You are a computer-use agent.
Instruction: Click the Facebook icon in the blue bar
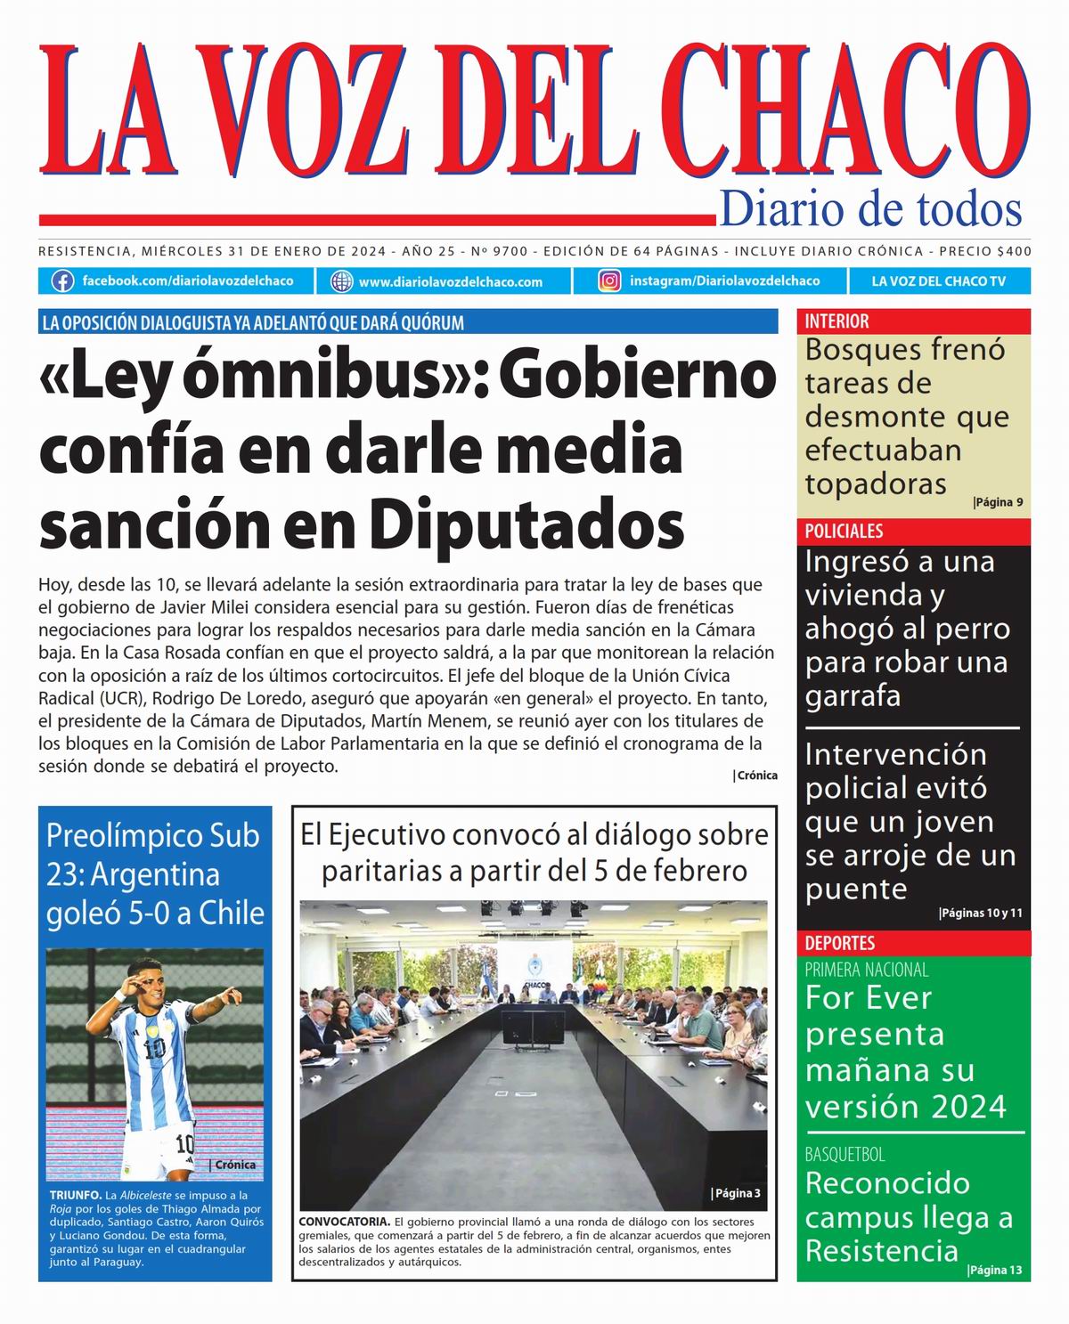click(62, 281)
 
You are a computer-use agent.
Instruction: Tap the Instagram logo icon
click(609, 281)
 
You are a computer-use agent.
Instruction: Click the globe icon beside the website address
click(341, 281)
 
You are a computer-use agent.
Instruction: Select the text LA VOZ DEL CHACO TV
click(938, 281)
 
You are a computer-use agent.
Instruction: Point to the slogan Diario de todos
click(869, 209)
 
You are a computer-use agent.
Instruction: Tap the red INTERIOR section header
click(836, 321)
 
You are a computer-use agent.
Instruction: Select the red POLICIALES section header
click(844, 532)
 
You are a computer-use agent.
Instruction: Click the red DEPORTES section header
click(840, 943)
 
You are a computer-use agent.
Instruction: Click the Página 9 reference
click(998, 502)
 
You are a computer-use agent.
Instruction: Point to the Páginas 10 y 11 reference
click(981, 913)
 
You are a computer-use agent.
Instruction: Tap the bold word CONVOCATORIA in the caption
click(344, 1221)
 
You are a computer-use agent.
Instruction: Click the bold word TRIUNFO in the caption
click(76, 1195)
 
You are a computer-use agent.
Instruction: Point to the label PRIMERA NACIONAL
click(866, 970)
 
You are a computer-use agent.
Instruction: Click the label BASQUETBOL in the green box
click(845, 1155)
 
